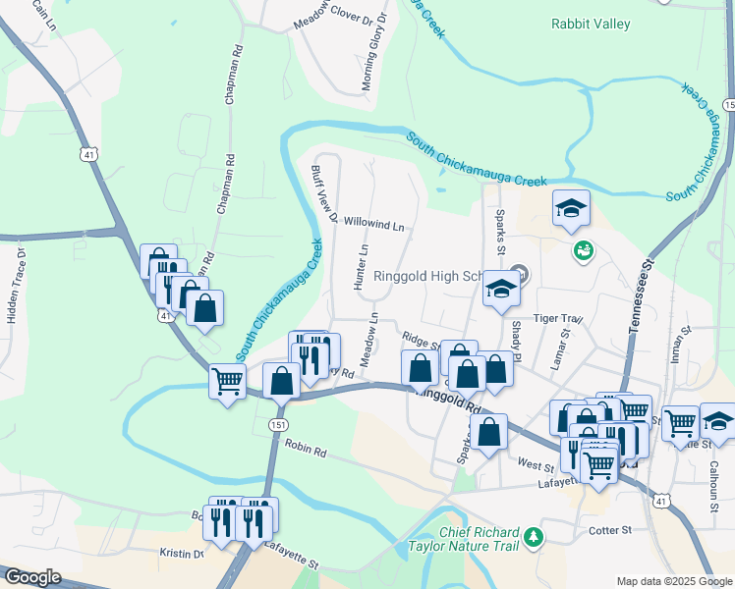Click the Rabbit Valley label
tap(590, 24)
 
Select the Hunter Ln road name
tap(362, 266)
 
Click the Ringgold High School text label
tap(432, 277)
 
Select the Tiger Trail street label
tap(558, 319)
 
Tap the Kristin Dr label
tap(181, 554)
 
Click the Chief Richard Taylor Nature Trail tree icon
tap(534, 536)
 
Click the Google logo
tap(32, 577)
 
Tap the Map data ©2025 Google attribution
tap(673, 581)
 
